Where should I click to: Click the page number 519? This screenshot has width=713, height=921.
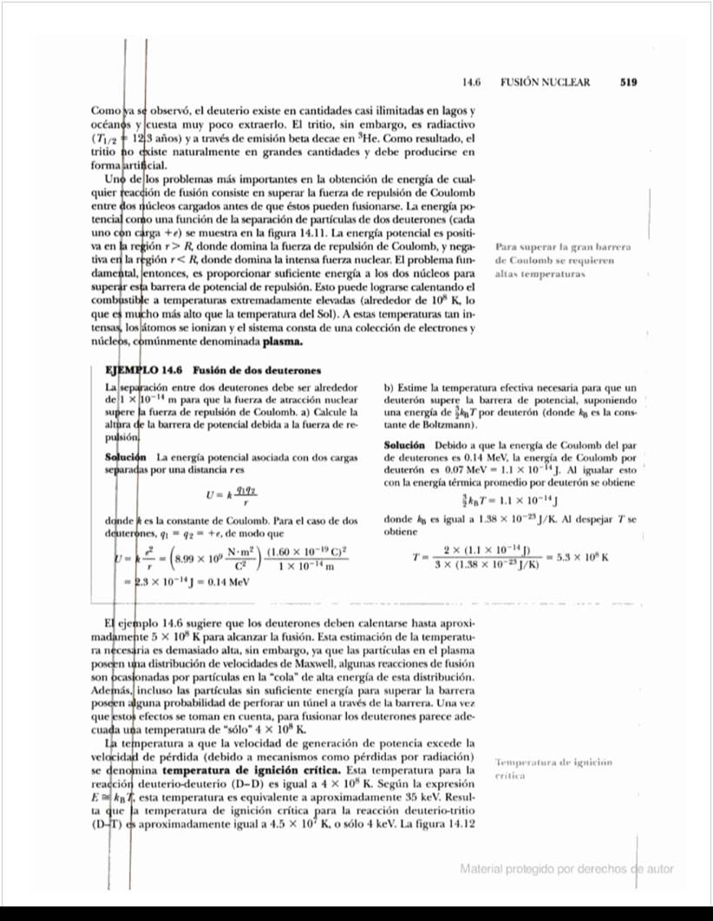pos(629,82)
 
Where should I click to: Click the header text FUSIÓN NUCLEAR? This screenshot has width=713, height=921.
pos(545,82)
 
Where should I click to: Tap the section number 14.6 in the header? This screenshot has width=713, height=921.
pos(472,82)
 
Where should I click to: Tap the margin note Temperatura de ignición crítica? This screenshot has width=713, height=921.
pos(553,768)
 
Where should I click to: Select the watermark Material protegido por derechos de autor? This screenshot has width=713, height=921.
pos(566,868)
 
